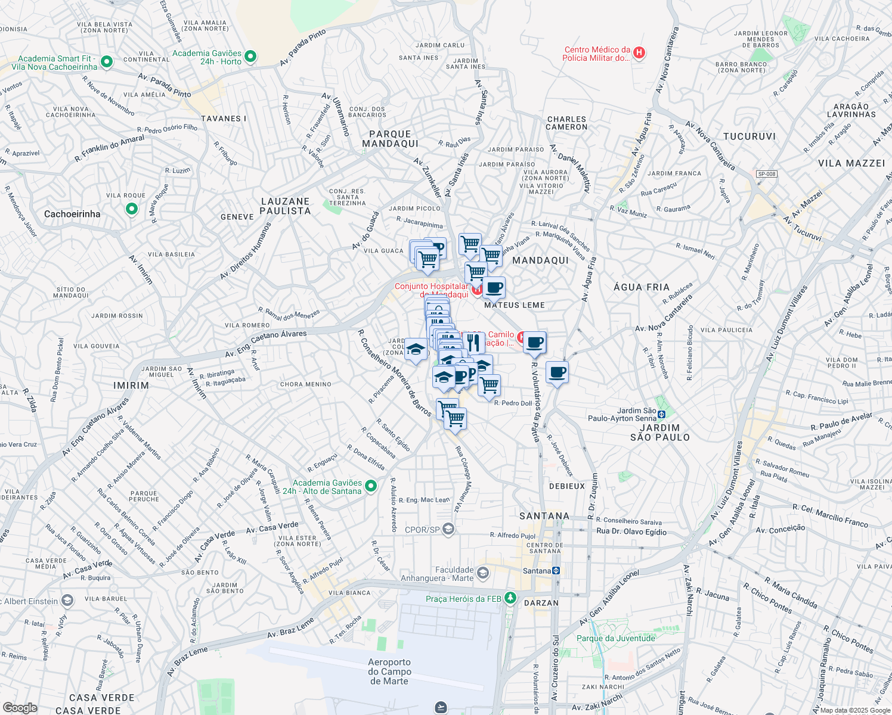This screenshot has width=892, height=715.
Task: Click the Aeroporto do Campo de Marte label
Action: coord(389,672)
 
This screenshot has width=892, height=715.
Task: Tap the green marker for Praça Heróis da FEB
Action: coord(510,598)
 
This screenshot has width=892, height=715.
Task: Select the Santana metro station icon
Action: coord(556,571)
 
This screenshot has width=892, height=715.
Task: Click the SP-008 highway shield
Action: coord(766,174)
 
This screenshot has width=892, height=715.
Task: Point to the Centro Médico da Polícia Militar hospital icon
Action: coord(639,53)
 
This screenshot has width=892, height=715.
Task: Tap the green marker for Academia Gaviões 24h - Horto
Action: coord(250,57)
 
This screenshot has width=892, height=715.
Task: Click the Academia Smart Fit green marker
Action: coord(107,61)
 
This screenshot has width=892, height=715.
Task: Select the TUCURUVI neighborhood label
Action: coord(749,136)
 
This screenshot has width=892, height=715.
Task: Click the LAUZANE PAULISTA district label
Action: coord(286,206)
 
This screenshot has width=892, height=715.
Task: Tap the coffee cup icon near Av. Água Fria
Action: coord(557,373)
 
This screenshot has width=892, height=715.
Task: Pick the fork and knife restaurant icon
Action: coord(473,342)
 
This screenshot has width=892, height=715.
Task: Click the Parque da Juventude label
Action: coord(616,638)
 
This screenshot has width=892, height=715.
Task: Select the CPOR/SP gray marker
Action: coord(448,529)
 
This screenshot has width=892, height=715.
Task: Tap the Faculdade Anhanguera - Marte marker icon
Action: coord(483,573)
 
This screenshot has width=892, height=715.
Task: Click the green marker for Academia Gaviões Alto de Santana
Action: coord(371,486)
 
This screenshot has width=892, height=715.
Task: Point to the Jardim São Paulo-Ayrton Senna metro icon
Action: coord(661,414)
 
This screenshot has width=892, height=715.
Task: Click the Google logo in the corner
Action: coord(20,708)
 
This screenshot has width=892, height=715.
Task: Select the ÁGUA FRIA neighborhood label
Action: coord(642,287)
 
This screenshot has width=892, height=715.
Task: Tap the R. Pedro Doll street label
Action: coord(513,403)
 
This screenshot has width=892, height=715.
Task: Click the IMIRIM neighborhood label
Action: coord(131,386)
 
